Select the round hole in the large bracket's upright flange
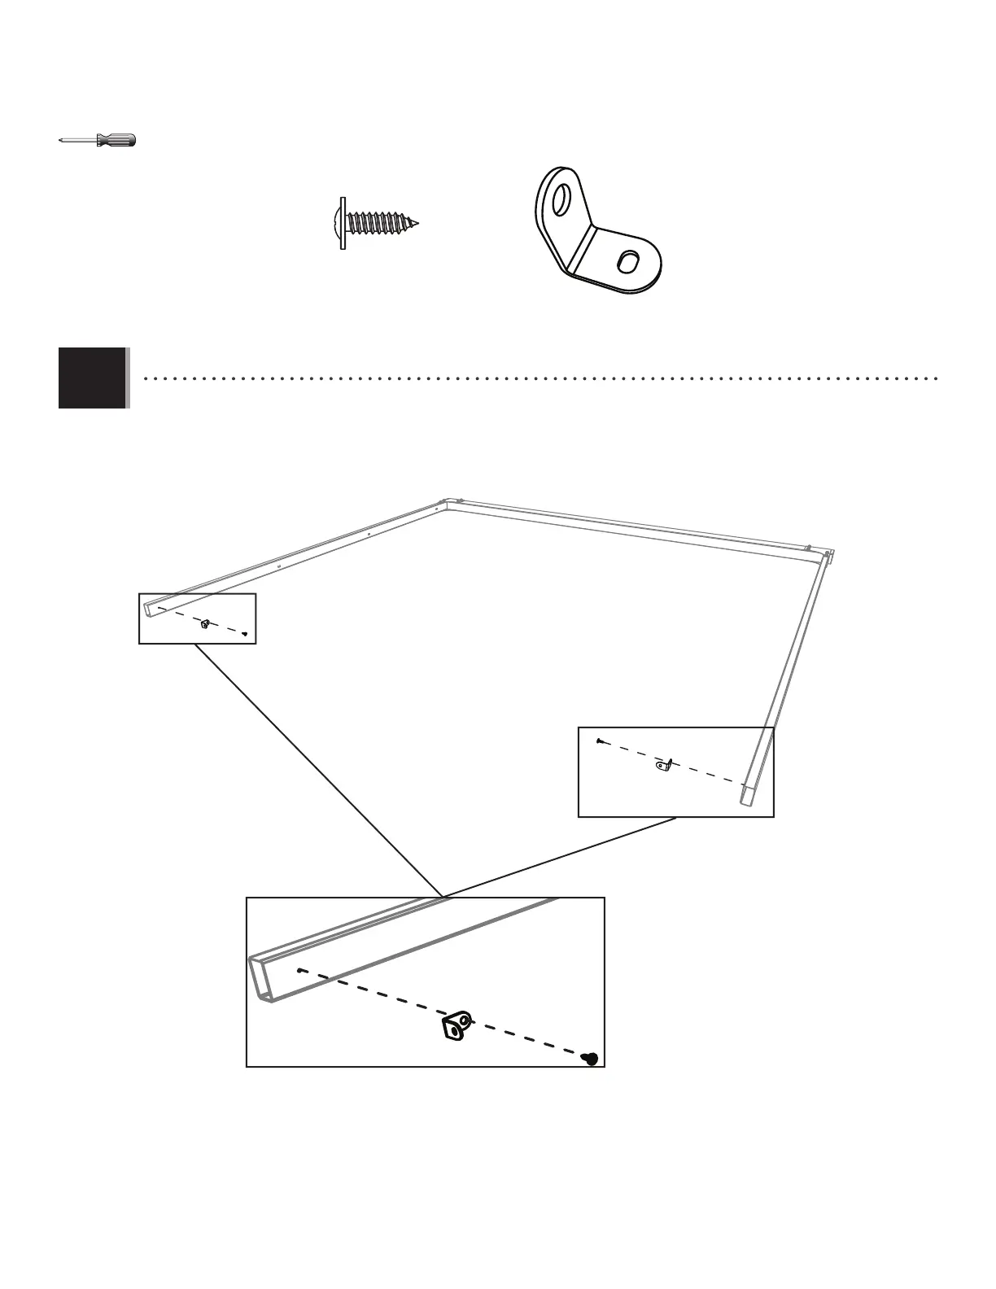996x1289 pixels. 560,199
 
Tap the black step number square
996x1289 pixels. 93,378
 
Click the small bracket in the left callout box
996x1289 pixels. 206,624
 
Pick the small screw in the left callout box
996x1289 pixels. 245,634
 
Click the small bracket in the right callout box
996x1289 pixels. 665,764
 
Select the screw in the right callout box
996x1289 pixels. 598,741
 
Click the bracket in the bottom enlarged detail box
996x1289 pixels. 456,1025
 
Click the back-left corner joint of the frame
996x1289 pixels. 444,505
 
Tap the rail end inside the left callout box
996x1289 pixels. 148,606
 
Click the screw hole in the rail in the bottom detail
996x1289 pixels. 301,970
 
